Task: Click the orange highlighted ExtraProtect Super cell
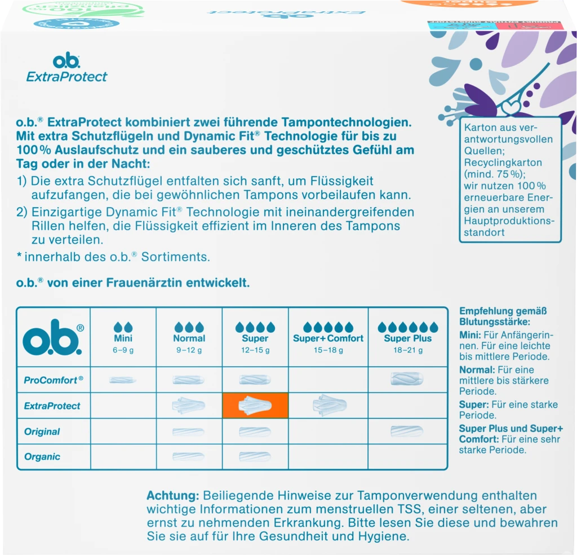[x=255, y=406]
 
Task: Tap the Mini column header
[x=123, y=338]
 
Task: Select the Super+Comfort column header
[x=328, y=338]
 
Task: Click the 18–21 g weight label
[x=407, y=350]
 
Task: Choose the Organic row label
[x=42, y=457]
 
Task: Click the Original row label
[x=42, y=431]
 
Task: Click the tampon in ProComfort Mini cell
[x=123, y=380]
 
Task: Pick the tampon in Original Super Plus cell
[x=407, y=431]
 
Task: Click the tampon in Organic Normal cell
[x=189, y=457]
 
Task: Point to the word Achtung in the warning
[x=172, y=496]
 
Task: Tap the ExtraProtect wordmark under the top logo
[x=66, y=77]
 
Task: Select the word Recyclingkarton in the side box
[x=495, y=162]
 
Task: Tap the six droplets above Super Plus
[x=407, y=327]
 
